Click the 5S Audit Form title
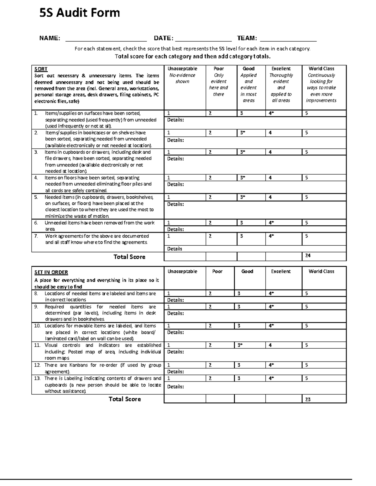(80, 13)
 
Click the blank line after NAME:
(106, 39)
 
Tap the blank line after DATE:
(203, 39)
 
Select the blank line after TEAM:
(288, 39)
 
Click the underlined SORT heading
(41, 69)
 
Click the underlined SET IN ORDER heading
(51, 272)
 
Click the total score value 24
(308, 256)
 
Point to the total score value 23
(308, 399)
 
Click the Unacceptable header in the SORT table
(182, 69)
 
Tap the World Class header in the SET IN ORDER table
(321, 271)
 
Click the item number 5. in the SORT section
(36, 197)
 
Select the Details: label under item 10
(175, 332)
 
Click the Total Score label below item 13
(125, 399)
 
